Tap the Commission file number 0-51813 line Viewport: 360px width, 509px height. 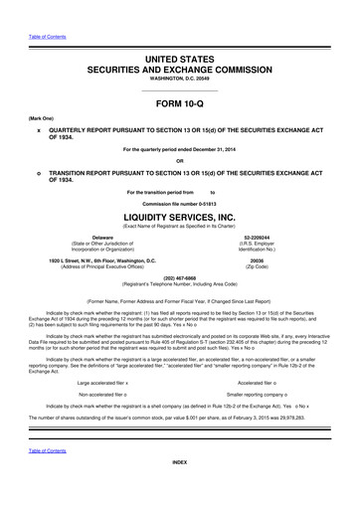click(x=179, y=203)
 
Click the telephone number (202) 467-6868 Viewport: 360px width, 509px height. click(x=179, y=277)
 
